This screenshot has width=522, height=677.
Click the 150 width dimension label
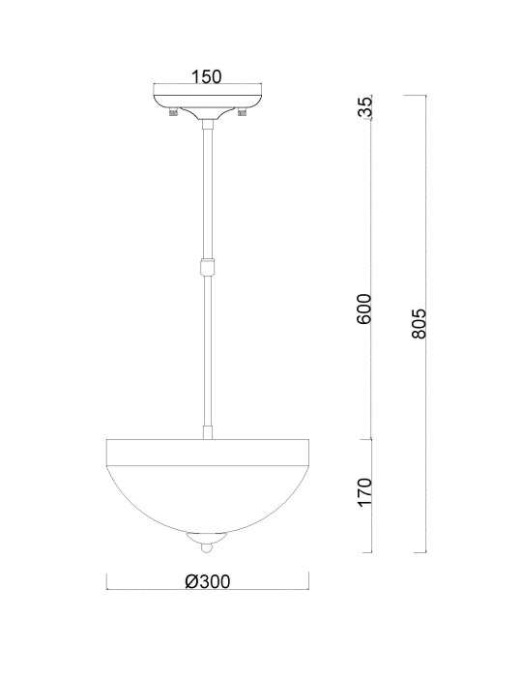(x=206, y=76)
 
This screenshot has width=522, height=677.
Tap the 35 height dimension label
(x=365, y=107)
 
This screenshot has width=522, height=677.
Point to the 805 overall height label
(x=419, y=323)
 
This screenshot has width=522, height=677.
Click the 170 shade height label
(x=365, y=492)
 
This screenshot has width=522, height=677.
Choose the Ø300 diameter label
(x=208, y=581)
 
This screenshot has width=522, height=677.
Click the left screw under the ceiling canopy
(x=173, y=113)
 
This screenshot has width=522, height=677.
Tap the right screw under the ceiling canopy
(x=242, y=113)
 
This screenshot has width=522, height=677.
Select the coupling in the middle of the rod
(x=208, y=268)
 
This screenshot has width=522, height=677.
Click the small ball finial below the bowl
(x=208, y=548)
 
